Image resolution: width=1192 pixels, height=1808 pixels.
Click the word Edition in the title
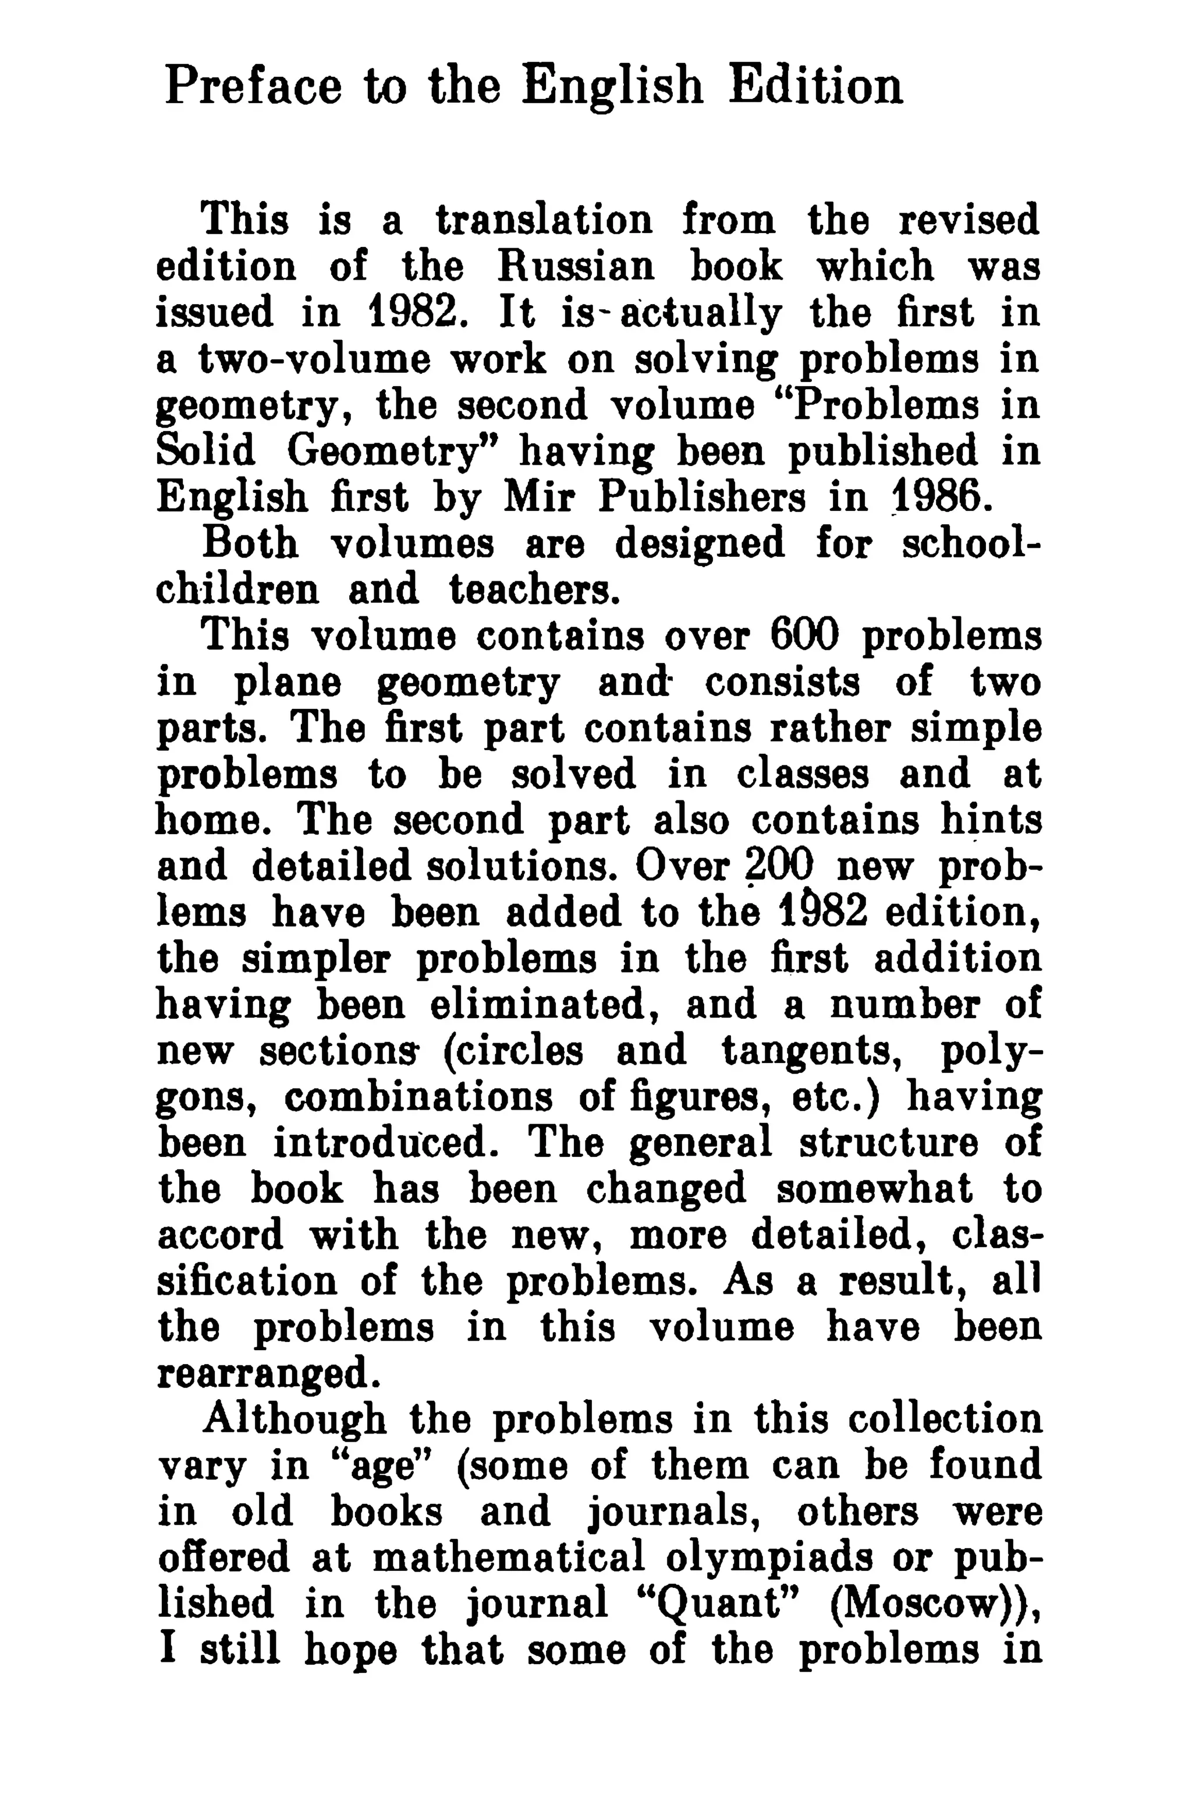point(815,86)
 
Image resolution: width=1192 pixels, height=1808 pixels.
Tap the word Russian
point(576,267)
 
